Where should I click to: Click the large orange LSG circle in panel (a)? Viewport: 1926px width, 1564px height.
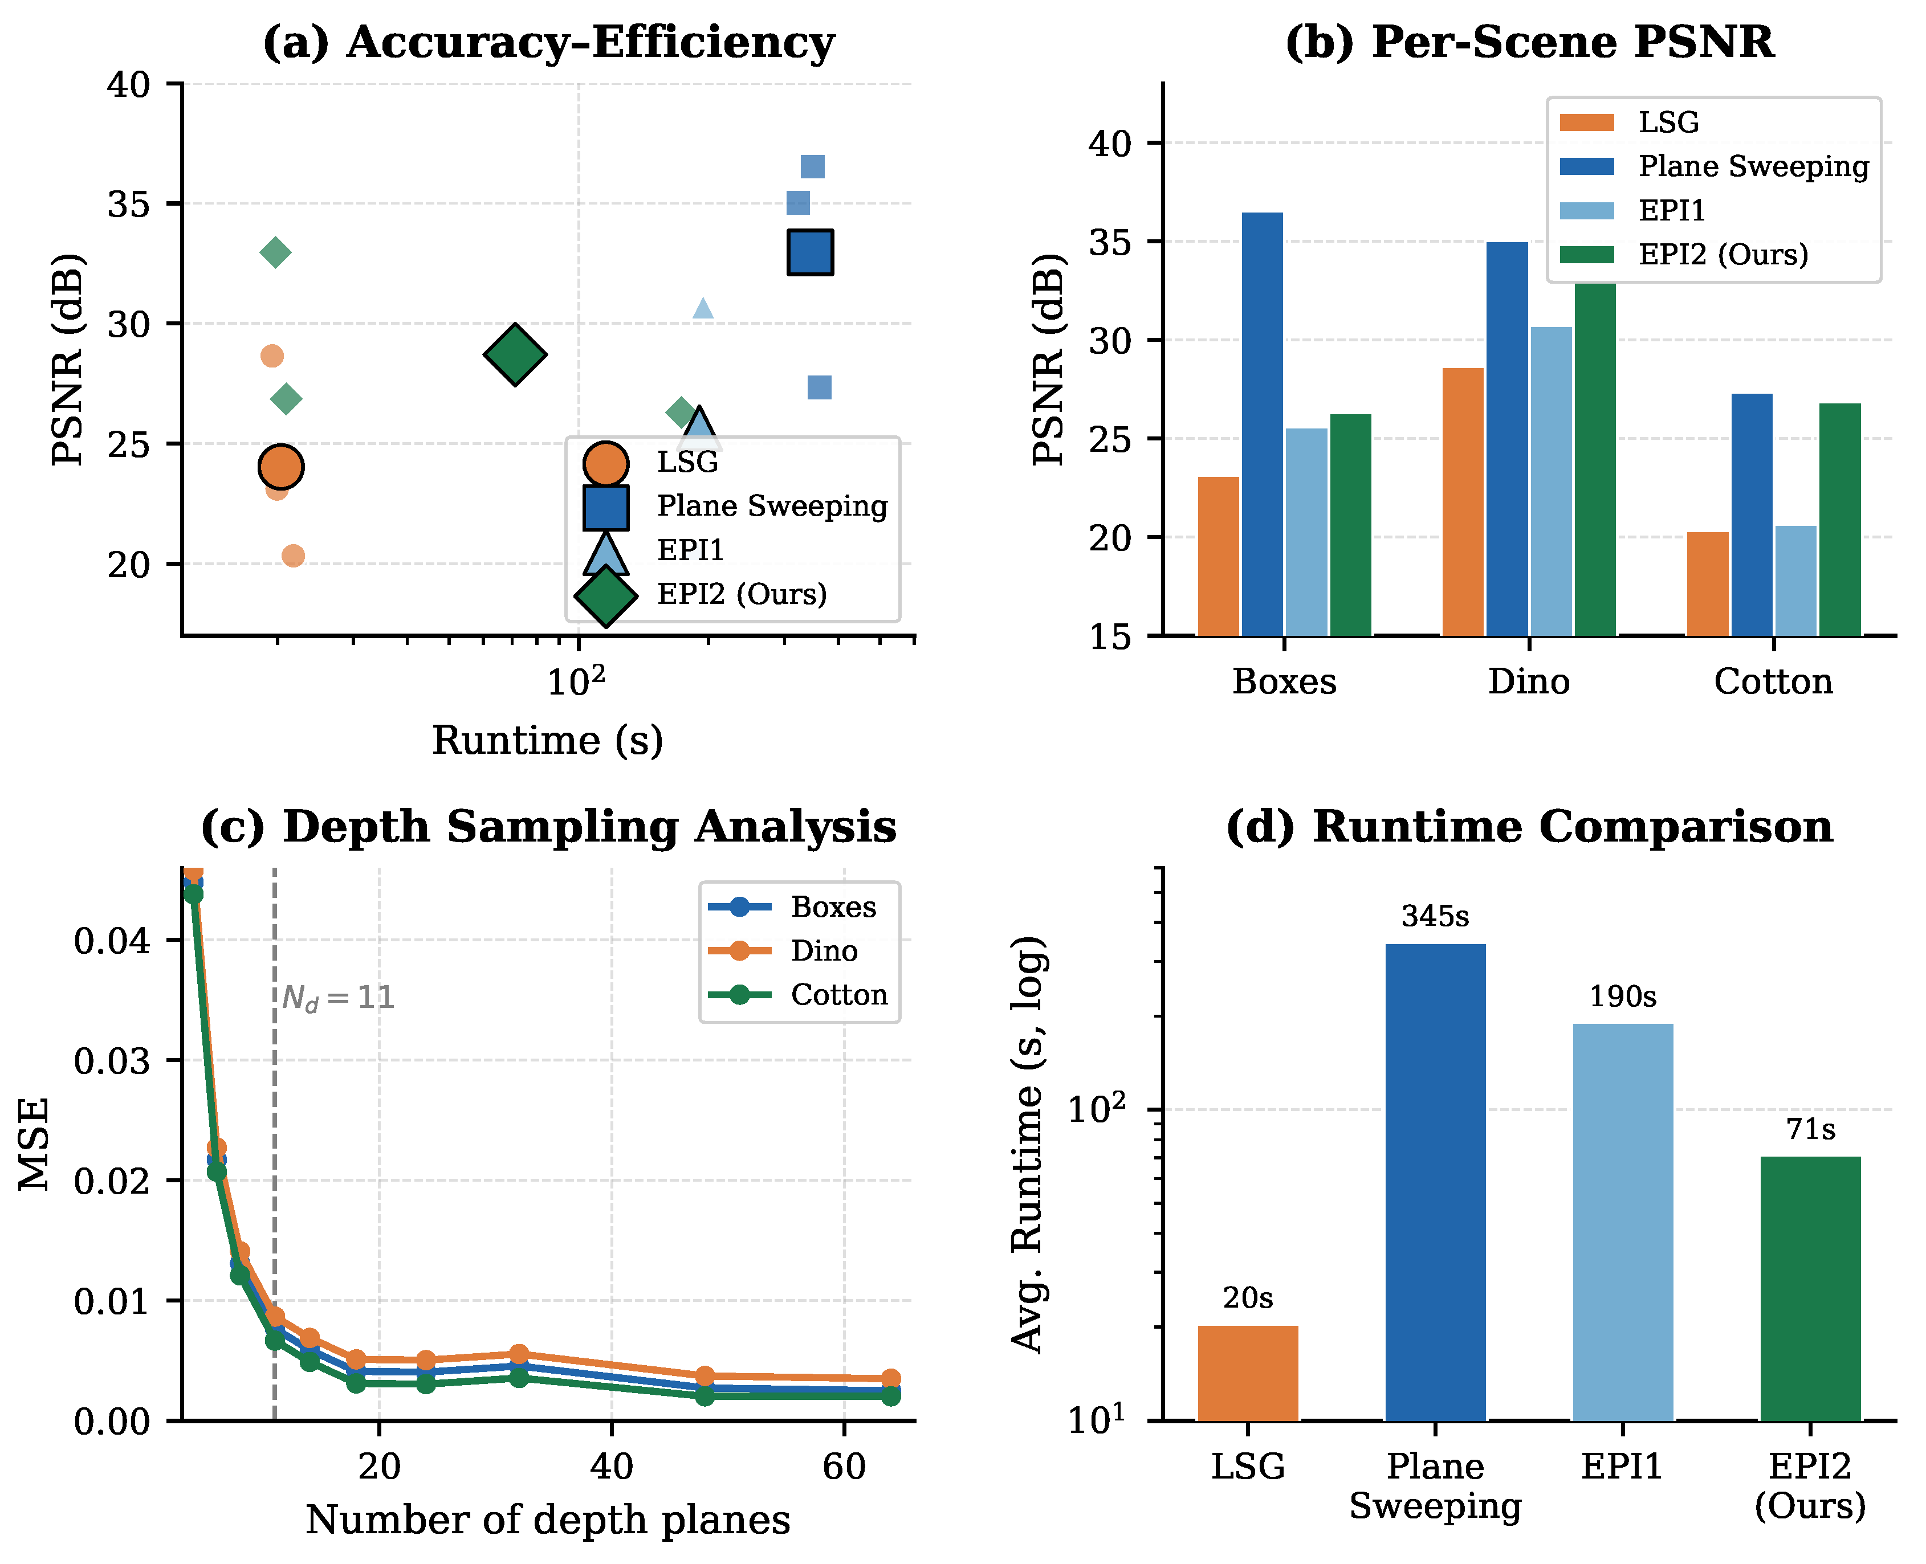[x=280, y=467]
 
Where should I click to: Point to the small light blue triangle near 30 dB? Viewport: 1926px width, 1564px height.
[x=703, y=309]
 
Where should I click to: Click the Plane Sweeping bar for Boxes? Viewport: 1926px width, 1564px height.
[x=1262, y=423]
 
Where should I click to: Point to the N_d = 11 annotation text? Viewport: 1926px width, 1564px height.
[x=338, y=998]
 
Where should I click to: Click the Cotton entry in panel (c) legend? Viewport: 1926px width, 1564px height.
[x=838, y=995]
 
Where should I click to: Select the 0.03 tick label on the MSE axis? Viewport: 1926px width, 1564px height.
[x=112, y=1060]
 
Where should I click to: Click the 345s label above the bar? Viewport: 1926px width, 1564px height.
[x=1435, y=916]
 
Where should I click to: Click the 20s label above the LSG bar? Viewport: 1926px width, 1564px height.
[x=1247, y=1298]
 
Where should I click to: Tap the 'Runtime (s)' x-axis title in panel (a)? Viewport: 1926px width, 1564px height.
[x=547, y=741]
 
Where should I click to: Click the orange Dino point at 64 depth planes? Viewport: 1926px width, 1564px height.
[x=890, y=1378]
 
